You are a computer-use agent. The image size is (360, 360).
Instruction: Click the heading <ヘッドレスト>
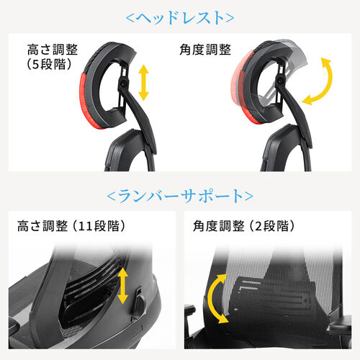pyautogui.click(x=180, y=18)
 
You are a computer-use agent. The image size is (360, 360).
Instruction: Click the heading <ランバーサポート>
pyautogui.click(x=180, y=196)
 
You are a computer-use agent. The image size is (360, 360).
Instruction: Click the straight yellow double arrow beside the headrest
pyautogui.click(x=144, y=81)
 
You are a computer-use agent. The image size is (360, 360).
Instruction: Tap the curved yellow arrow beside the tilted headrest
pyautogui.click(x=319, y=84)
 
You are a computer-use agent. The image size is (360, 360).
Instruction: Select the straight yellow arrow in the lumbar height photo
pyautogui.click(x=122, y=285)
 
